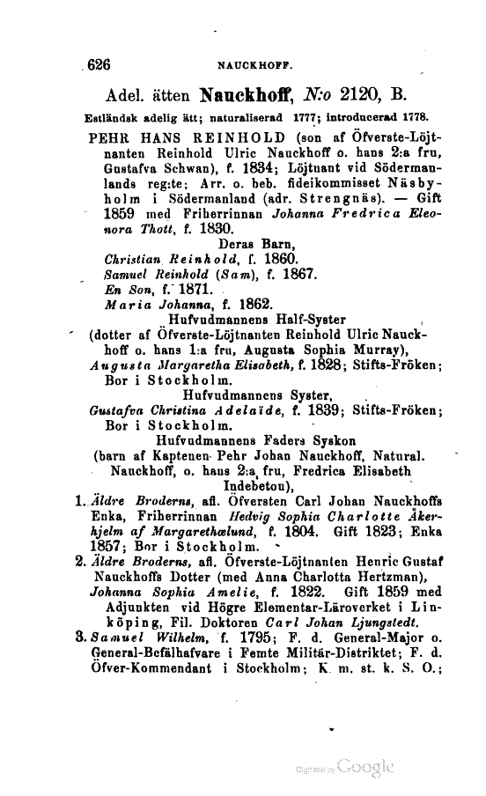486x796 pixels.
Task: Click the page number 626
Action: [x=93, y=64]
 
